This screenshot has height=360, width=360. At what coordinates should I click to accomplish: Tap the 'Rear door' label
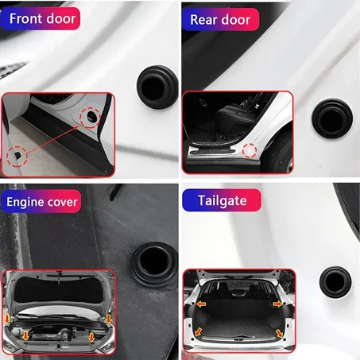point(220,19)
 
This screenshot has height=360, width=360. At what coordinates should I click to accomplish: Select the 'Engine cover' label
point(42,202)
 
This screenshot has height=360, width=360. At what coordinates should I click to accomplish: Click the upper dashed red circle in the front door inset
point(92,118)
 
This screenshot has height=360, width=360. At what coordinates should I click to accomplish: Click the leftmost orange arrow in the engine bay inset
point(9,319)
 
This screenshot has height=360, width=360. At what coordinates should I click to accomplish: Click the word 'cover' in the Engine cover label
point(63,202)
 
